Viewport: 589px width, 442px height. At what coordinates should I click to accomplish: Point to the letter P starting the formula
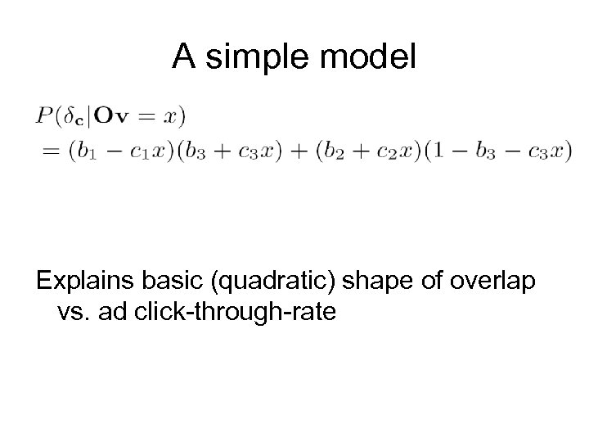[x=42, y=115]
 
